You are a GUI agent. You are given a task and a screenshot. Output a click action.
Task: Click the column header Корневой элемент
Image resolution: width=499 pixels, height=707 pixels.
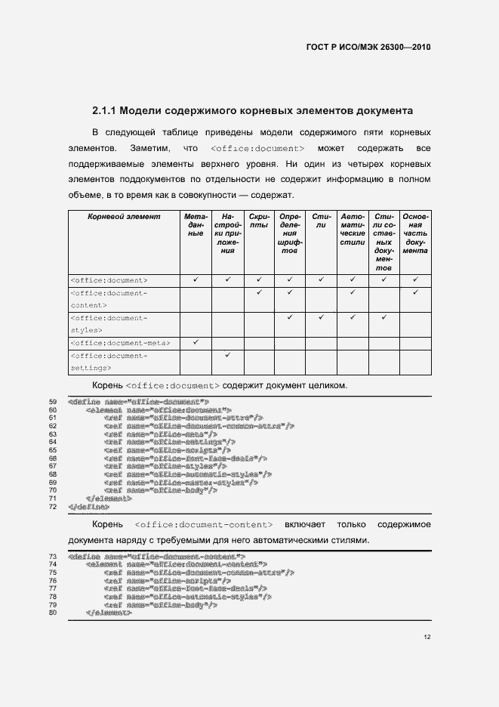click(x=125, y=217)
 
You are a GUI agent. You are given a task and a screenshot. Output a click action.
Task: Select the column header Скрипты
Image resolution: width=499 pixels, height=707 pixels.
click(x=259, y=221)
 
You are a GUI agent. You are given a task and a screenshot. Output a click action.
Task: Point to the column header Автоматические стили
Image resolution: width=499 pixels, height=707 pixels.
click(x=353, y=230)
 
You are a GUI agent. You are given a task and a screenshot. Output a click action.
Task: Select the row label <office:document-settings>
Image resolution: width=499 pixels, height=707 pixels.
click(x=108, y=362)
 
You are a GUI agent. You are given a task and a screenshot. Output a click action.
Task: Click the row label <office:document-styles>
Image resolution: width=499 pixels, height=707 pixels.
click(x=108, y=324)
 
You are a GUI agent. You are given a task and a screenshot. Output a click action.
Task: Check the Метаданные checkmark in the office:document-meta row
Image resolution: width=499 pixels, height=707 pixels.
click(x=196, y=342)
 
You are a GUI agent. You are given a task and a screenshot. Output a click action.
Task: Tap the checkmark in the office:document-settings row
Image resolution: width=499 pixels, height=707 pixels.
click(x=227, y=355)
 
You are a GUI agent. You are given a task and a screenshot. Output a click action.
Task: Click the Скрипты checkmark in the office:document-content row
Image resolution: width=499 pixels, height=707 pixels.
click(x=259, y=292)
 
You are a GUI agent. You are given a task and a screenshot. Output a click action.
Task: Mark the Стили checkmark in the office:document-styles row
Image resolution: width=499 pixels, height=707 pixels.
click(x=321, y=317)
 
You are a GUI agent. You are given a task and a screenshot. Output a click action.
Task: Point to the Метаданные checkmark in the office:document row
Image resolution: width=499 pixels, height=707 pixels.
click(x=196, y=279)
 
